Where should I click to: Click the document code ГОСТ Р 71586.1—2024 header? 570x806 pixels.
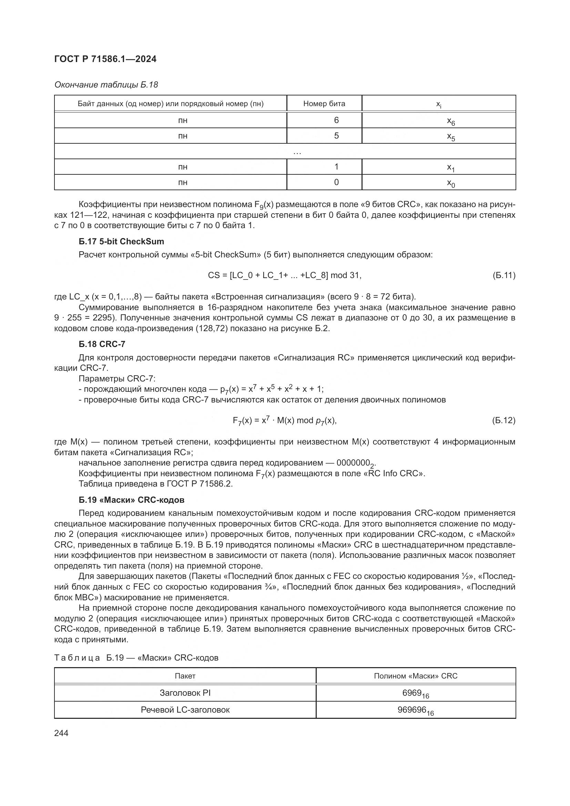click(105, 59)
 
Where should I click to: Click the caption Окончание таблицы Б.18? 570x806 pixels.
click(106, 85)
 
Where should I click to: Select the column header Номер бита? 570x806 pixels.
click(324, 104)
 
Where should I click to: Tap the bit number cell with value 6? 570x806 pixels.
click(336, 120)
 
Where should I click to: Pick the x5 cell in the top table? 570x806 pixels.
click(451, 136)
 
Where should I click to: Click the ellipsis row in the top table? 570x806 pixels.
click(297, 152)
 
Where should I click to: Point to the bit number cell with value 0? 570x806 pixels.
click(336, 182)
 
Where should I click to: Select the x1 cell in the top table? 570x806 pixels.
click(451, 167)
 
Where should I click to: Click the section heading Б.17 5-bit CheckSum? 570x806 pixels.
click(121, 242)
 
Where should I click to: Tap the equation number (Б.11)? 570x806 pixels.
click(504, 275)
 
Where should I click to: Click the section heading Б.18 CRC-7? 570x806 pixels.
click(102, 344)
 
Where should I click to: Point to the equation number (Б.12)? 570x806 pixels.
click(504, 420)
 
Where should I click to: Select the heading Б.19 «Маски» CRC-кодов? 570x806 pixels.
click(132, 500)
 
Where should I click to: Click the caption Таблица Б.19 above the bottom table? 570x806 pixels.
click(136, 657)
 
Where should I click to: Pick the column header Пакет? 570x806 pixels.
click(185, 676)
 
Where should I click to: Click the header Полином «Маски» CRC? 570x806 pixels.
click(416, 676)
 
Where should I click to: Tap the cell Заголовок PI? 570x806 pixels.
click(185, 693)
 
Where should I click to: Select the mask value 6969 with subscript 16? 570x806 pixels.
click(416, 693)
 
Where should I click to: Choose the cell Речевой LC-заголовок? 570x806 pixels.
click(185, 710)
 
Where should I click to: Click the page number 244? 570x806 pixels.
click(61, 733)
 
